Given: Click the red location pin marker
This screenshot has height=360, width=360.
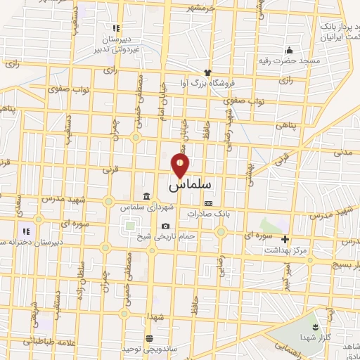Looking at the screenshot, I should click(x=181, y=165).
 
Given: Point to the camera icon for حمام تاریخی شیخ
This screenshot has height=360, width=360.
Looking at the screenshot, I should click(x=165, y=226).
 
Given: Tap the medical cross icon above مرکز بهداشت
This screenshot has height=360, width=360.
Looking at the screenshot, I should click(x=285, y=239).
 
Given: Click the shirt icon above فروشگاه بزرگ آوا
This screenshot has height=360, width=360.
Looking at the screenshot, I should click(x=207, y=72).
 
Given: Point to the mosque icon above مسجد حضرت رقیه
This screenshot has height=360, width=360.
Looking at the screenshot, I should click(x=288, y=50).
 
